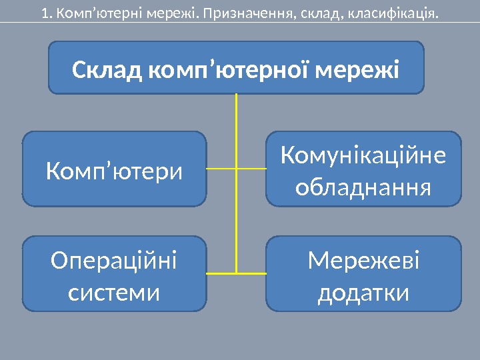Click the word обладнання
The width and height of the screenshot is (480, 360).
pyautogui.click(x=363, y=187)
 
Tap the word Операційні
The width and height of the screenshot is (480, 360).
pyautogui.click(x=114, y=261)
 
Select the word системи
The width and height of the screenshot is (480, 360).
pyautogui.click(x=114, y=291)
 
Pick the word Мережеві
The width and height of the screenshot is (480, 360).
pyautogui.click(x=363, y=261)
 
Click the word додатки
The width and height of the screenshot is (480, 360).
pyautogui.click(x=363, y=291)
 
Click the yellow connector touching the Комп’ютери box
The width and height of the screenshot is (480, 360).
pyautogui.click(x=221, y=169)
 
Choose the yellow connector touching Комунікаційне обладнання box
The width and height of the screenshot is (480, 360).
pyautogui.click(x=252, y=169)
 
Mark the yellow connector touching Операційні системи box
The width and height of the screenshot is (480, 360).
pyautogui.click(x=221, y=273)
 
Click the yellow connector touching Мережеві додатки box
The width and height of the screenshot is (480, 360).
pyautogui.click(x=252, y=273)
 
